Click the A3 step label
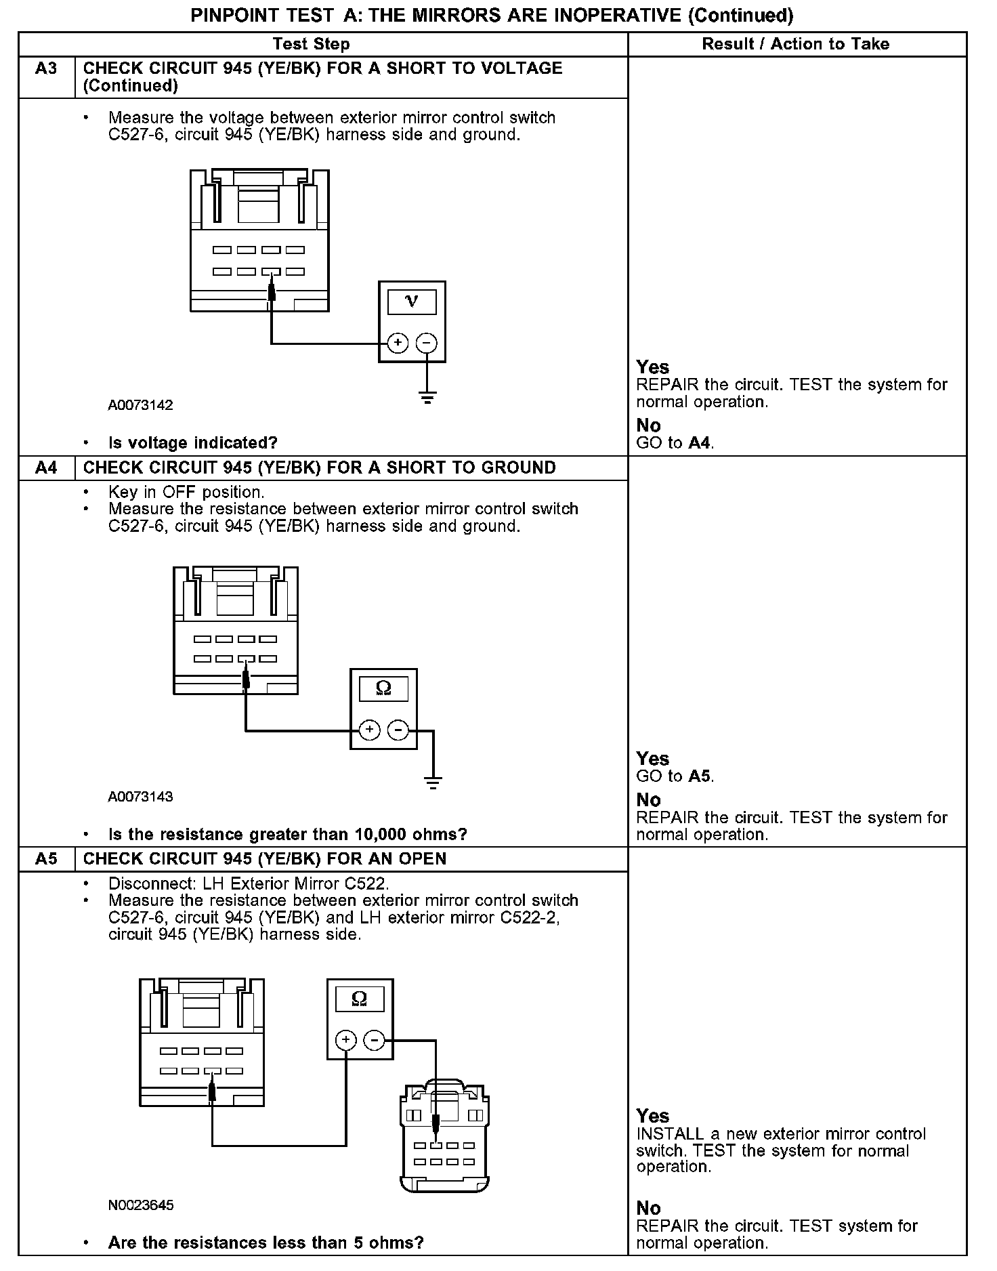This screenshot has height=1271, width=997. pos(46,68)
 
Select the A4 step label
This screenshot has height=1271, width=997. pos(46,468)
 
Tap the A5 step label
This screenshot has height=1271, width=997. pos(46,859)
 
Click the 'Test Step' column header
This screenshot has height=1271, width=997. pos(311,45)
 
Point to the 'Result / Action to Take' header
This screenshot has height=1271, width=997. pos(795,45)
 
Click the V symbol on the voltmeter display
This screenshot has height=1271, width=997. pos(412,301)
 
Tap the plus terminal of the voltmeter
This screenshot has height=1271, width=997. pos(398,343)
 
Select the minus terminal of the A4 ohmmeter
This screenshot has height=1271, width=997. pos(398,730)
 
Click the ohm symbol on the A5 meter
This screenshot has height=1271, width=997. pos(360,999)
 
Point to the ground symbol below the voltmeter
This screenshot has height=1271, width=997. pos(427,398)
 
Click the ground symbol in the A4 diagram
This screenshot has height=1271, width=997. pos(433,783)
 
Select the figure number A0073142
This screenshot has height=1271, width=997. pos(140,406)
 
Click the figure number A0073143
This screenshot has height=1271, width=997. pos(140,797)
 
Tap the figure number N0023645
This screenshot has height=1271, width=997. pos(140,1205)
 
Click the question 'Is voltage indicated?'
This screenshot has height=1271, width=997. pos(193,443)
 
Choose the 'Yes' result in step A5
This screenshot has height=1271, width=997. pos(652,1116)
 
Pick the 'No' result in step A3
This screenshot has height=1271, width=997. pos(648,425)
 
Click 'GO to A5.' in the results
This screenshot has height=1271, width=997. pos(675,776)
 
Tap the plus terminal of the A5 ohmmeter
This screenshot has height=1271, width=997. pos(346,1040)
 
